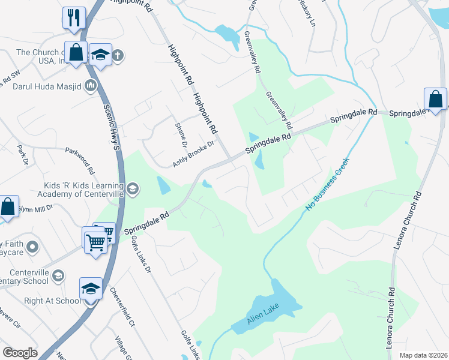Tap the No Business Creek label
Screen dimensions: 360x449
coord(327,185)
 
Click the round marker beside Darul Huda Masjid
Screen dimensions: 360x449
coord(91,86)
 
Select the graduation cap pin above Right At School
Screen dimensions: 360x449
coord(91,289)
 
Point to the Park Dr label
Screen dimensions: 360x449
coord(23,154)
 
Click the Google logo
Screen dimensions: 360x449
coord(20,353)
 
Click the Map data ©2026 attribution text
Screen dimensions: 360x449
coord(423,355)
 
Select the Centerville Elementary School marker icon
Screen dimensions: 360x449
coord(58,275)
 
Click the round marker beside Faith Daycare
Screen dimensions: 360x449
coord(33,246)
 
